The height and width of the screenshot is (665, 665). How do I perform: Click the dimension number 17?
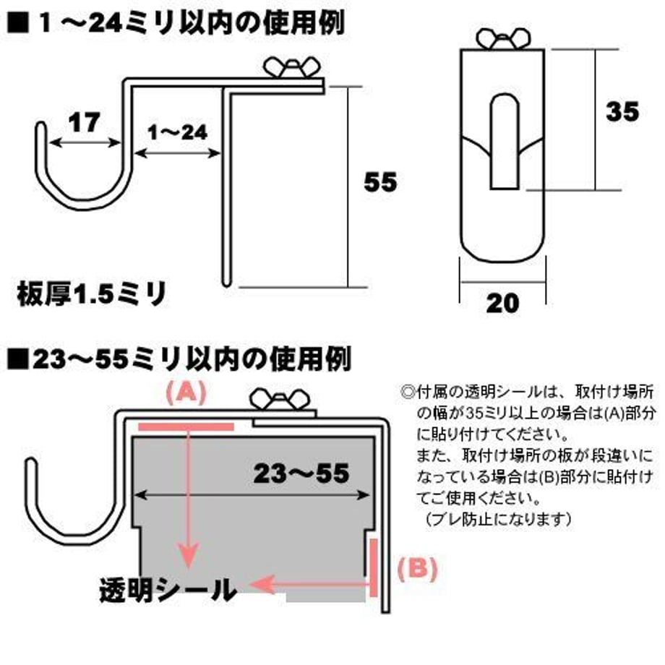click(x=85, y=123)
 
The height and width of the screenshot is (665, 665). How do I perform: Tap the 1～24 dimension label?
click(x=177, y=133)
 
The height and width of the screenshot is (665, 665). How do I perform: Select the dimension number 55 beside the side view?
click(x=380, y=182)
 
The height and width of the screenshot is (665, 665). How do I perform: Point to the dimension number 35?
click(x=622, y=111)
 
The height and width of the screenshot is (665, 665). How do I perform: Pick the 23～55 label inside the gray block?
click(x=301, y=473)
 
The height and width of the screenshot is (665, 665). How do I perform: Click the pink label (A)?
click(x=186, y=392)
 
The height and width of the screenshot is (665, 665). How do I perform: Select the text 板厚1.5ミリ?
click(x=91, y=294)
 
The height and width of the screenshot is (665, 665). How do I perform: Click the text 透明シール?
click(x=168, y=590)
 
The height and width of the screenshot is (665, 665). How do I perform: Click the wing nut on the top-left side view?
click(x=291, y=67)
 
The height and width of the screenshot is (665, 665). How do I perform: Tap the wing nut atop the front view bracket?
click(x=503, y=39)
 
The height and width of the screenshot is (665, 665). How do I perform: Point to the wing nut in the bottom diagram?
click(x=280, y=400)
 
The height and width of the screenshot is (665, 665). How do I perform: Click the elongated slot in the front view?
click(x=505, y=142)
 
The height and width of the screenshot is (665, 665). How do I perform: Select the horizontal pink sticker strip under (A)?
click(x=186, y=426)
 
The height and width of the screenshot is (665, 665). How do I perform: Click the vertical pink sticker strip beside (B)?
click(x=373, y=567)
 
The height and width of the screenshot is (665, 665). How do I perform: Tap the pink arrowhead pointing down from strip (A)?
click(x=189, y=554)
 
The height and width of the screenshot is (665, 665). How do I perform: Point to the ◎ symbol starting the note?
click(x=408, y=392)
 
